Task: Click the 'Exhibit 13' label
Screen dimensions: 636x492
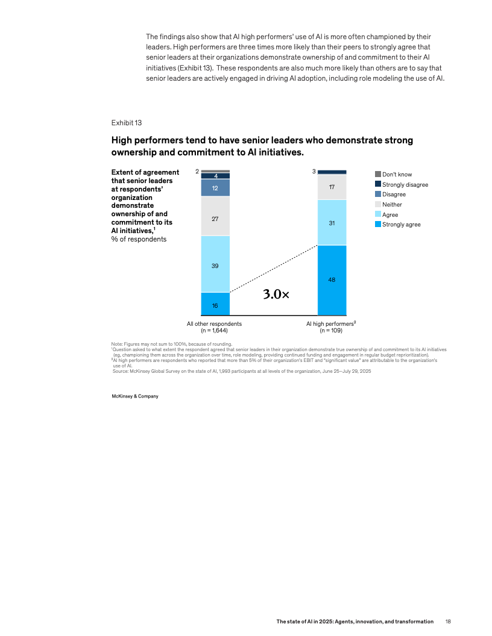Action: coord(126,123)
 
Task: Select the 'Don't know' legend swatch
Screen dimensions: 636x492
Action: coord(378,174)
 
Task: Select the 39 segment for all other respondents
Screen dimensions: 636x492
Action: coord(215,264)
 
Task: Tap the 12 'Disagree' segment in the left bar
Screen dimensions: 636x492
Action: coord(215,188)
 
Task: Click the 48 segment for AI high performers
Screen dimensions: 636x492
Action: coord(332,280)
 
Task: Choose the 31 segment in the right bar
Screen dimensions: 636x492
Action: coord(332,223)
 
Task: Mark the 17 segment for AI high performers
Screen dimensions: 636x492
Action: coord(332,187)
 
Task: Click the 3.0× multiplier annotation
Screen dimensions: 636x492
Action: coord(276,295)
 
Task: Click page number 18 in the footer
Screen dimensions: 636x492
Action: coord(448,622)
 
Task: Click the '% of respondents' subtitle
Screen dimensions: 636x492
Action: coord(139,239)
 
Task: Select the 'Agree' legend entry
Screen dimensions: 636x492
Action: coord(389,214)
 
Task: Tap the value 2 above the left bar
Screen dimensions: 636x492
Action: coord(197,172)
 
